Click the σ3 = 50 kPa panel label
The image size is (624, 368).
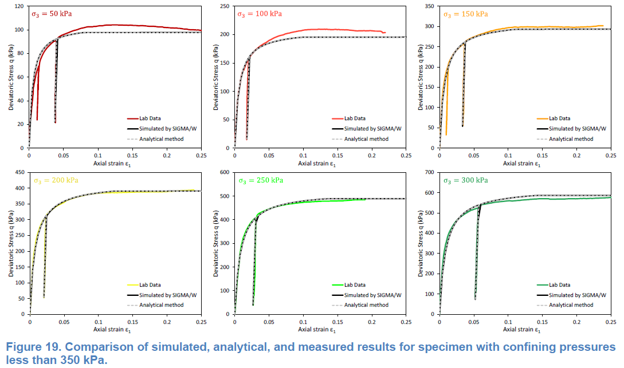(x=52, y=13)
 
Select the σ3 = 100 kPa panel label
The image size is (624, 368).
(x=260, y=14)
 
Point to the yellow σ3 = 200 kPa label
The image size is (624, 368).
(x=55, y=180)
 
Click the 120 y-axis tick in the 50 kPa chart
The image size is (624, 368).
(x=19, y=6)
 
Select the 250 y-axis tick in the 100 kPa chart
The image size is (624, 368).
(x=225, y=6)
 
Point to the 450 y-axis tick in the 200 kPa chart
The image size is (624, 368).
(x=19, y=172)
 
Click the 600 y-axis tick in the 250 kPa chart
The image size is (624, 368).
(x=225, y=172)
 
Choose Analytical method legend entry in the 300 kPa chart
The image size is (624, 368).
(x=571, y=305)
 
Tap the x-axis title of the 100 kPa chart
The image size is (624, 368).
(x=320, y=164)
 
